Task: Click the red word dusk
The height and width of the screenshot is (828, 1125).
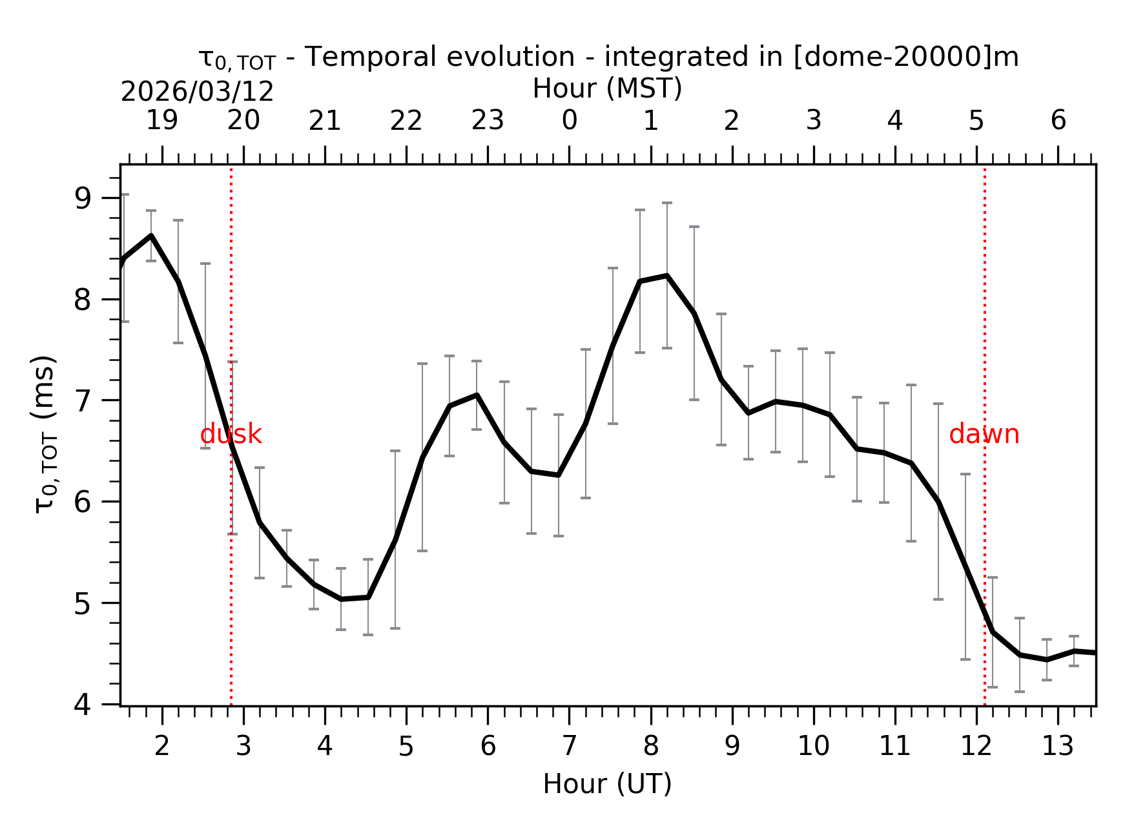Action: point(231,435)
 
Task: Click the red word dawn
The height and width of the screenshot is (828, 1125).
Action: point(984,435)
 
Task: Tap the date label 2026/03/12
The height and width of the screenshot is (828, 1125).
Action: point(197,92)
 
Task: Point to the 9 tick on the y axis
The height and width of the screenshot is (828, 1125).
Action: point(83,198)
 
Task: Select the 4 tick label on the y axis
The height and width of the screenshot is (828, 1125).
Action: point(83,704)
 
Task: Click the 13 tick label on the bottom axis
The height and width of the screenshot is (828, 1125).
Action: point(1058,747)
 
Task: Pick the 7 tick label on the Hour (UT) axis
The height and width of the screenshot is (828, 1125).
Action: point(569,747)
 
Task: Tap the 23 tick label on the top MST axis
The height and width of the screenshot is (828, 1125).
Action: point(488,121)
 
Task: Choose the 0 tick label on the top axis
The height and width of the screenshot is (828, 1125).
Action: point(569,121)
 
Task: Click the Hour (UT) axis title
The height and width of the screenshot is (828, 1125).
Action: point(607,784)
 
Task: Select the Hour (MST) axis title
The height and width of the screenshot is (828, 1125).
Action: point(607,88)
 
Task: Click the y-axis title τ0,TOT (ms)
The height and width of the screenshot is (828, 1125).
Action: point(45,434)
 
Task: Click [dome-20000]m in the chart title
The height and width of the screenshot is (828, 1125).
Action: point(905,57)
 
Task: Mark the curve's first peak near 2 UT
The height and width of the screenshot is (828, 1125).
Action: point(151,236)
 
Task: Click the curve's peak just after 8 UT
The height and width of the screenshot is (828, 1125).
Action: point(667,276)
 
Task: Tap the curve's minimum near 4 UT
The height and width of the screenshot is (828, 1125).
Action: point(341,599)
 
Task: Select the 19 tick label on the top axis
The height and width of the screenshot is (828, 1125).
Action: point(161,121)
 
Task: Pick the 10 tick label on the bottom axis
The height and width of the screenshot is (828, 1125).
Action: point(813,747)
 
